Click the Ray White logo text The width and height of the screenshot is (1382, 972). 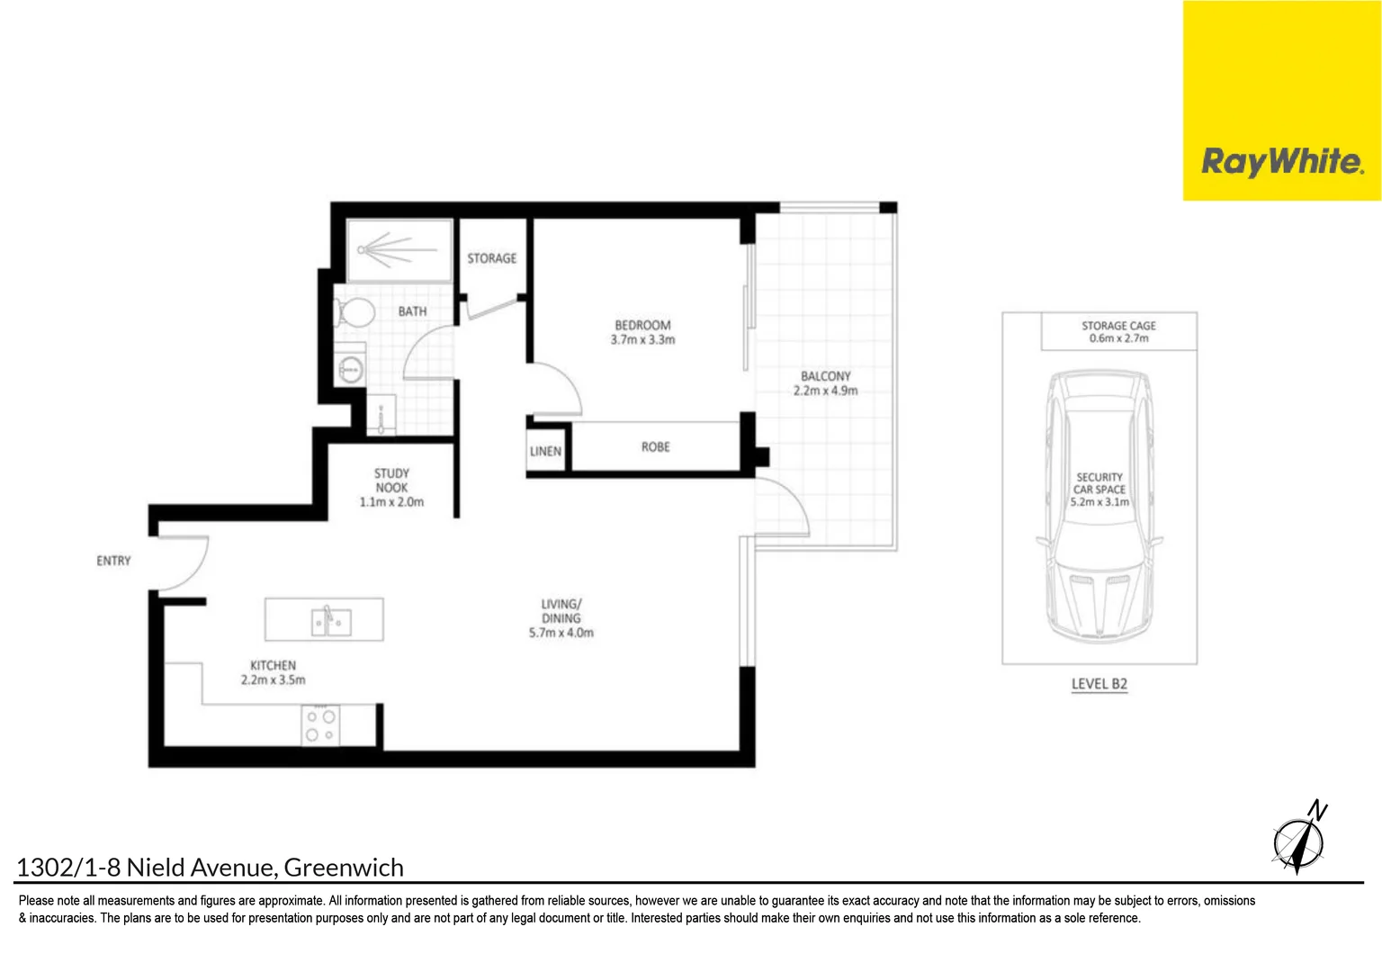1282,162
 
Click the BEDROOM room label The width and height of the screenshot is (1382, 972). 642,325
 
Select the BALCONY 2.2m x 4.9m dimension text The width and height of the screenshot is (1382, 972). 825,391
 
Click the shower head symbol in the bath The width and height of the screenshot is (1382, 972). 363,249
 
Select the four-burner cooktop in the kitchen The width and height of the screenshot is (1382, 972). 320,725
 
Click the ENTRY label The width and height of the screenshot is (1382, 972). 113,561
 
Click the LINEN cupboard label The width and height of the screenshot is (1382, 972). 545,452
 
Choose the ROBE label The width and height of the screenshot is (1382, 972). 655,446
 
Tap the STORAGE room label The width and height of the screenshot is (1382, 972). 491,258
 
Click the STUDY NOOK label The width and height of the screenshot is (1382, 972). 391,481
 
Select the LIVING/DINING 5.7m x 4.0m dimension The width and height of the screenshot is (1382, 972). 561,633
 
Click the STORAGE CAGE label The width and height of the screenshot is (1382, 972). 1118,326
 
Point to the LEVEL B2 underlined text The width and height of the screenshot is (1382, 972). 1099,684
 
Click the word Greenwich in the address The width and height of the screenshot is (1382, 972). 344,868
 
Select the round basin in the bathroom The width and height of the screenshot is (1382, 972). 350,368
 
